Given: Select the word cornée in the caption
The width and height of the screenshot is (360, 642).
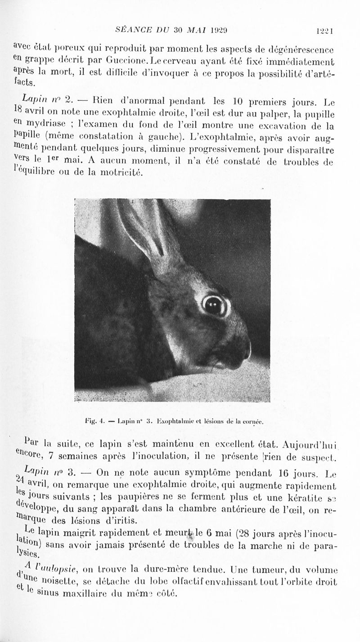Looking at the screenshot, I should pyautogui.click(x=252, y=422).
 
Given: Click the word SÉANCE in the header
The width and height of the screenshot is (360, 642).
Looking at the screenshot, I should pyautogui.click(x=134, y=31).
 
